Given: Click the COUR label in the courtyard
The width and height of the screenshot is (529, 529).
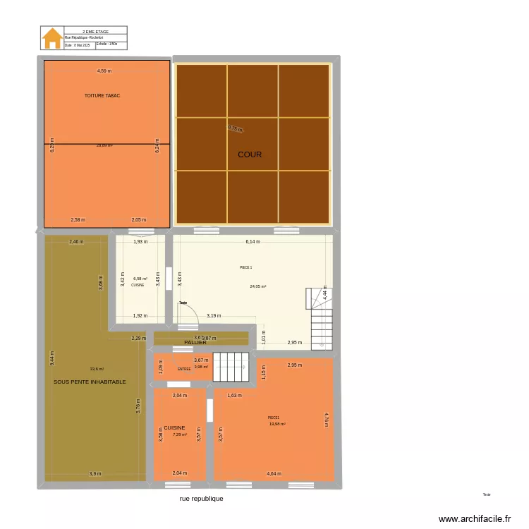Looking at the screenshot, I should click(250, 154).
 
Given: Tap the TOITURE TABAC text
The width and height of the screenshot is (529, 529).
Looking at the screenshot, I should click(102, 95).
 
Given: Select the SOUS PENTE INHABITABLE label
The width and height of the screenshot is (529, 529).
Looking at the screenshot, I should click(90, 382).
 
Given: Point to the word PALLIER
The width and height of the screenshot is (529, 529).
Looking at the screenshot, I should click(195, 342).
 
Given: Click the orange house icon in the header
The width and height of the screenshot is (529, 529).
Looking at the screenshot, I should click(52, 39).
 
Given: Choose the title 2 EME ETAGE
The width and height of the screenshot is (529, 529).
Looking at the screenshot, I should click(95, 32).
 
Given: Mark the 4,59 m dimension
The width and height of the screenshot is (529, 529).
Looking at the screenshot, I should click(104, 71).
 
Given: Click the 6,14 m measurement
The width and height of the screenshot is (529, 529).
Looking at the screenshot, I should click(253, 241).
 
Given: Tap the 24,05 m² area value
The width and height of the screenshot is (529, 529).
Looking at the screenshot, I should click(257, 286).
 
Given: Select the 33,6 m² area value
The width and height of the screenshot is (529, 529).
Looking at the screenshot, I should click(97, 369).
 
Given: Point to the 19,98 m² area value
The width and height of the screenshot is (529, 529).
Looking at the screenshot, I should click(277, 424).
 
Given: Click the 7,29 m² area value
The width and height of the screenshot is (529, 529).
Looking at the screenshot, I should click(181, 434).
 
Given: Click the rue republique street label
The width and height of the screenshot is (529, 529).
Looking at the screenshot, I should click(201, 498).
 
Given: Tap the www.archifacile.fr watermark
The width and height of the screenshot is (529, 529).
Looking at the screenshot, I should click(475, 518).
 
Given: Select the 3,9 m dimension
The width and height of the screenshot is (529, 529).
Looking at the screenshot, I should click(95, 473).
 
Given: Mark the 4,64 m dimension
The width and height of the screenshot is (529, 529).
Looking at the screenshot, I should click(274, 473).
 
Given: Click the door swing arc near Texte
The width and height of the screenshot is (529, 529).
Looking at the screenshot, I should click(192, 315).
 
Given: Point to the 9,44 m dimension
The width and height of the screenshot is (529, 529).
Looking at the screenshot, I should click(51, 359).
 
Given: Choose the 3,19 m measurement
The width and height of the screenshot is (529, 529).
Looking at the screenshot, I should click(214, 315).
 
